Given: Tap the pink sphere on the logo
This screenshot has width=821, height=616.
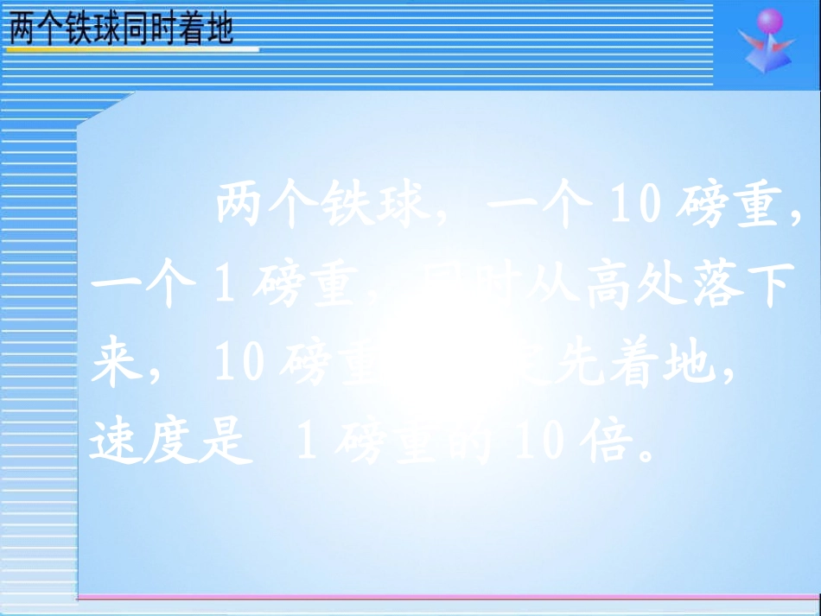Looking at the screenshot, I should click(x=768, y=22).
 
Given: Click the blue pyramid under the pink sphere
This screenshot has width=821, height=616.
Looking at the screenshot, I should click(x=766, y=61).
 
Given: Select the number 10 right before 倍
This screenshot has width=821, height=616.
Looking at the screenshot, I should click(x=539, y=442).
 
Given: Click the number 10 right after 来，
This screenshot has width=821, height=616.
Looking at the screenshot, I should click(x=239, y=365).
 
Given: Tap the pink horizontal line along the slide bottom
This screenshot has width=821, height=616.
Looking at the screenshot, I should click(x=449, y=596).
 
